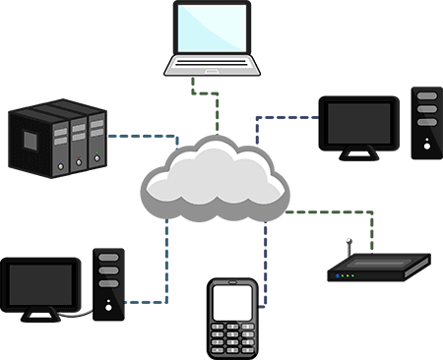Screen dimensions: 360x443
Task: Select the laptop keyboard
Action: click(213, 65)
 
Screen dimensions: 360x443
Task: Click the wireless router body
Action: click(380, 268)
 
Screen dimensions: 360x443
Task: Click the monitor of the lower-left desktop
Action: click(41, 282)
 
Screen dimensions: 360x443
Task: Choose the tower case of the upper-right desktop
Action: click(426, 123)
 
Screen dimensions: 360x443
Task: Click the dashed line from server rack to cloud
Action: click(128, 137)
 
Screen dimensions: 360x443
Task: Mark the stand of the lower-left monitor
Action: click(41, 317)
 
